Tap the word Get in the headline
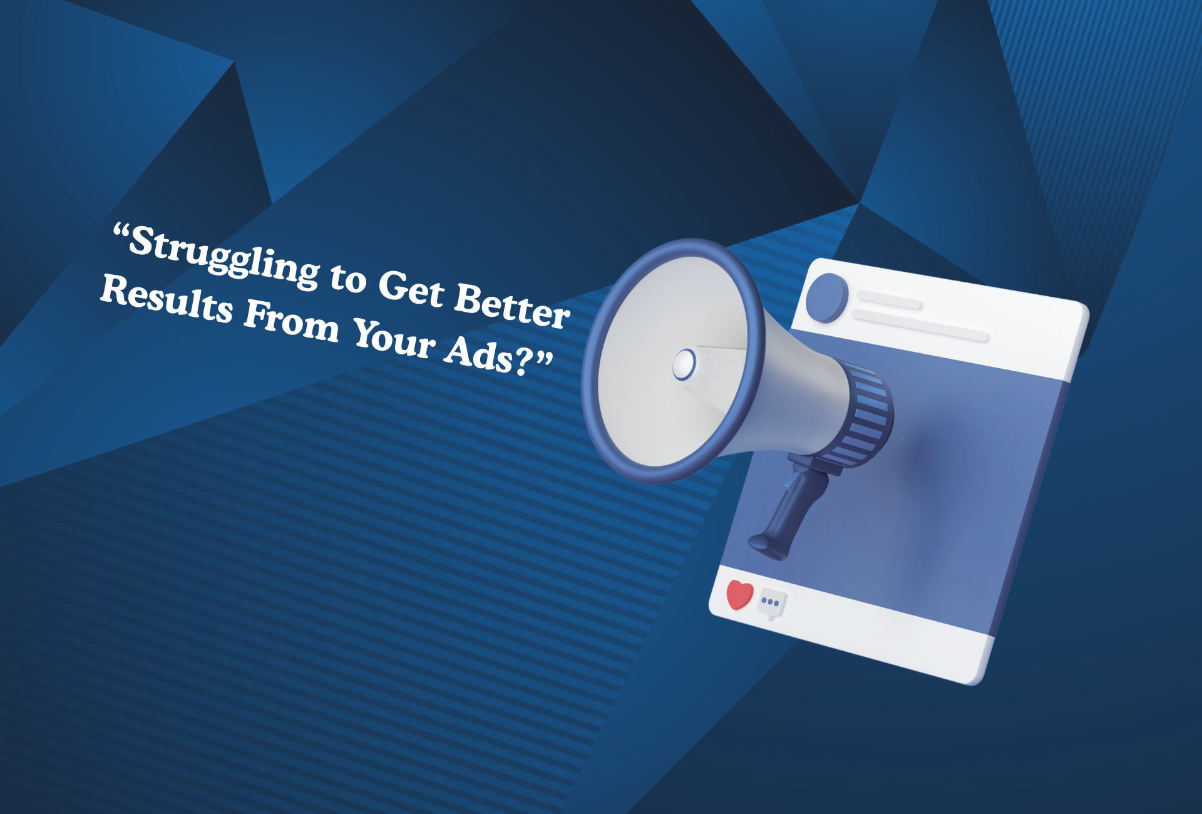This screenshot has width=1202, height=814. [411, 289]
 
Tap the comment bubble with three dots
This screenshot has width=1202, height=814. [771, 604]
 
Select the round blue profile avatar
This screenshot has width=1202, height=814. [826, 298]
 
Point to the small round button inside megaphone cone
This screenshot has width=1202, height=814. [684, 364]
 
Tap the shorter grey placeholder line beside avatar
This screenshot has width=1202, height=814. [889, 301]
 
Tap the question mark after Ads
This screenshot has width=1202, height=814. [521, 361]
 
